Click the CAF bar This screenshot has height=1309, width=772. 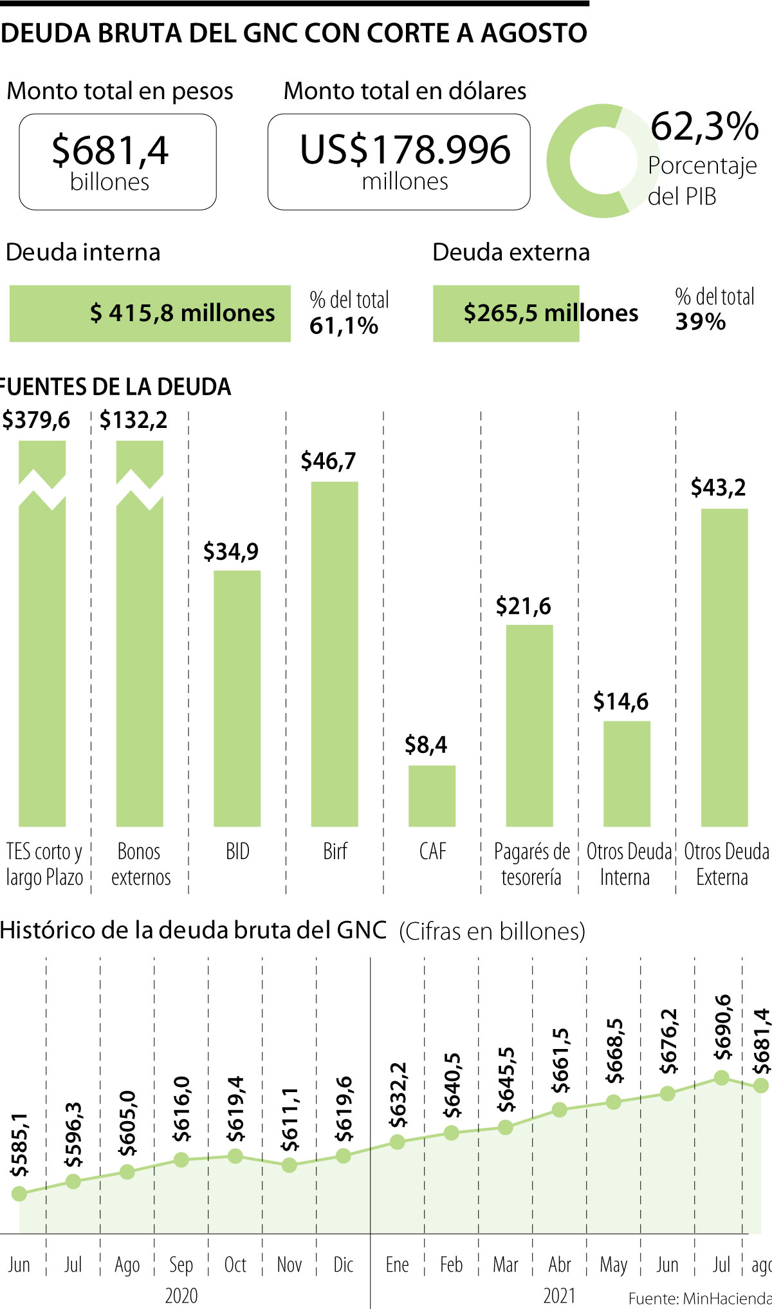tap(432, 795)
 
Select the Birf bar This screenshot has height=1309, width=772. tap(335, 653)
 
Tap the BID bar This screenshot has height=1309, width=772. tap(237, 698)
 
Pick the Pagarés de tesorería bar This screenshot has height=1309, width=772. tap(529, 725)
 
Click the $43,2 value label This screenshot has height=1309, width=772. tap(718, 488)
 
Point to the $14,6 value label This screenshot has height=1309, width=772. tap(621, 701)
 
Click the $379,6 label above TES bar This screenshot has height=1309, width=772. tap(36, 420)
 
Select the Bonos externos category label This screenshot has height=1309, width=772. tap(140, 864)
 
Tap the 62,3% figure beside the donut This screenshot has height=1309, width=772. tap(704, 126)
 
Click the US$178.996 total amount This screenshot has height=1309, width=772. tap(405, 149)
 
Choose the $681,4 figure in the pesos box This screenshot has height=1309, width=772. tap(110, 151)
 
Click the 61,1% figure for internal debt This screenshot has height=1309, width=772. tap(344, 326)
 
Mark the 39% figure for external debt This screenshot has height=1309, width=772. tap(700, 322)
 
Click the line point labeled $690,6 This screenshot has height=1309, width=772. tap(722, 1077)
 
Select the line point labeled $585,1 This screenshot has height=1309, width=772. tap(19, 1194)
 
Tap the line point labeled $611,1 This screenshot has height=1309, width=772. tap(289, 1165)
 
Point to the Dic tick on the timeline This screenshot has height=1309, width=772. tap(344, 1265)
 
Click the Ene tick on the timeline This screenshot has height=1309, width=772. tap(397, 1265)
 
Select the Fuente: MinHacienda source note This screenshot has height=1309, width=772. tap(699, 1298)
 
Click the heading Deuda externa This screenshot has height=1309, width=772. tap(511, 252)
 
